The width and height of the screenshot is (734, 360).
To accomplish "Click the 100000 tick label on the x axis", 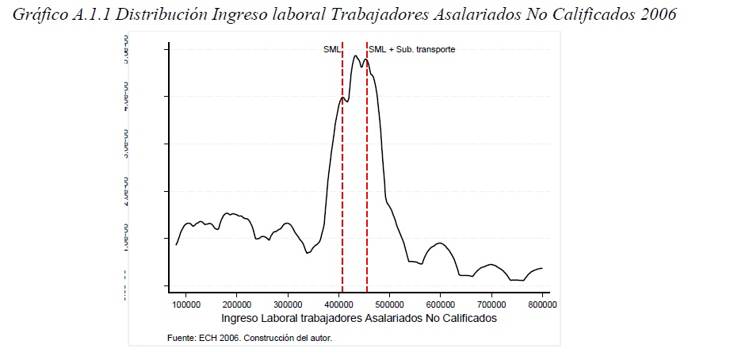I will pos(185,304).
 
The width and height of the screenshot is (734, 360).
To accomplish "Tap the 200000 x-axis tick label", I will pos(236,304).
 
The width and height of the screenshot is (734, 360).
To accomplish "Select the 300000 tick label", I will pos(287,304).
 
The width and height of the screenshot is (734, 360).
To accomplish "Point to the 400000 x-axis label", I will pos(338,304).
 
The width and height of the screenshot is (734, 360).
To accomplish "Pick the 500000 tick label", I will pos(389,304).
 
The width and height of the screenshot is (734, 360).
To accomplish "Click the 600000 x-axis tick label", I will pos(440,304).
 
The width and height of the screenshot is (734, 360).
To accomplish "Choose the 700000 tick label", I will pos(491,304).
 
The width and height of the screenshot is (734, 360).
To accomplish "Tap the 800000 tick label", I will pos(542,304).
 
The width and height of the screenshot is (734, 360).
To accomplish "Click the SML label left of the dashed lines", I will pos(331,49).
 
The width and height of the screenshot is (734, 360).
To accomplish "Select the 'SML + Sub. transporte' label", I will pos(412,49).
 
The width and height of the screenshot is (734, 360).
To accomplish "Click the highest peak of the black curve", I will pos(356,56).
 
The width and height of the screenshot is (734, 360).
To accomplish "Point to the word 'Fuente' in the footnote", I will pos(180,339).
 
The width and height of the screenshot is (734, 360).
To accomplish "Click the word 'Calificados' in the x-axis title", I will pos(472,318).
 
